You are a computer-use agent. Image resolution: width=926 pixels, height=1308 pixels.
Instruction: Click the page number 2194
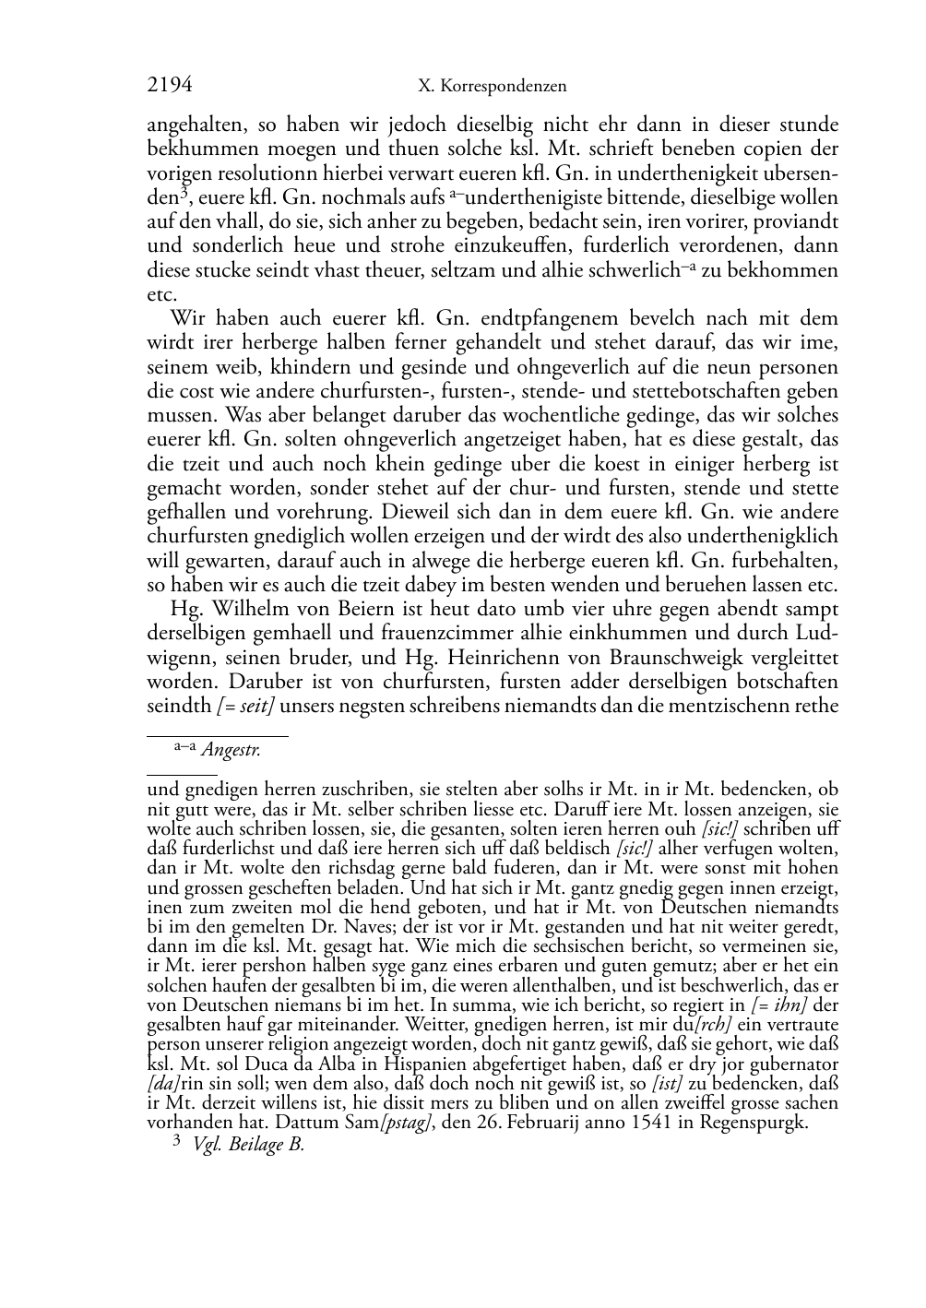[170, 86]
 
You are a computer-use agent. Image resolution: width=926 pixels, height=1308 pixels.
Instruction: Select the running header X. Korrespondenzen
[493, 87]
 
